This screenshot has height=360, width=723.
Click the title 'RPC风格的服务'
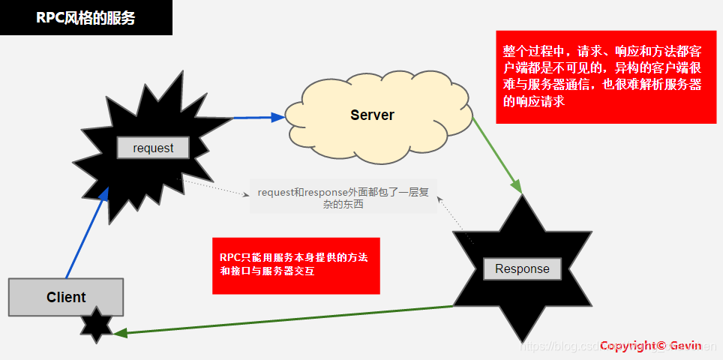[85, 18]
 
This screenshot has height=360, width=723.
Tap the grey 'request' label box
[153, 148]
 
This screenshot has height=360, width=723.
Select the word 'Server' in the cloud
[372, 115]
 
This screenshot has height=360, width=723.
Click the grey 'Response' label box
[522, 269]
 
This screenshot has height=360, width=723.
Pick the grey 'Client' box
[66, 297]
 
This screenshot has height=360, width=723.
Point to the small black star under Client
[97, 324]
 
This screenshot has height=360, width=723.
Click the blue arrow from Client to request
[86, 232]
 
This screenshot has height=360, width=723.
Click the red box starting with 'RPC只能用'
[296, 265]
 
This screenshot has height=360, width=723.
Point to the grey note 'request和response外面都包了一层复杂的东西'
[343, 198]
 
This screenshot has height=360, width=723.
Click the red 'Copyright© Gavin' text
[650, 346]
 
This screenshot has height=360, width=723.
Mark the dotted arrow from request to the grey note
[217, 188]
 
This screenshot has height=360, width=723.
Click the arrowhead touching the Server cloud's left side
[278, 117]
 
